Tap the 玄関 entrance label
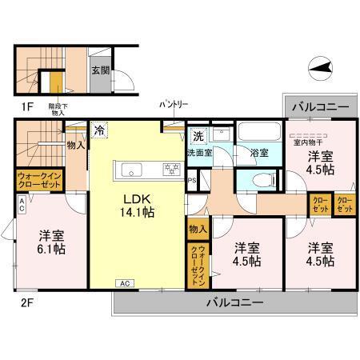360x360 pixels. coord(102,70)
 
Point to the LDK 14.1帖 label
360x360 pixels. coord(137,206)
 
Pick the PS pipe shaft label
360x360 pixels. coord(192,181)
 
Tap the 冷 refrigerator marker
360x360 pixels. coord(99,129)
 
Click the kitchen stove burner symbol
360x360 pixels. coord(170,167)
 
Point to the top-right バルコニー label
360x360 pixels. coord(319,106)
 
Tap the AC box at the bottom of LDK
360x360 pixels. coord(126,283)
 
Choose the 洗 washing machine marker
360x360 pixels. coord(198,135)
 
